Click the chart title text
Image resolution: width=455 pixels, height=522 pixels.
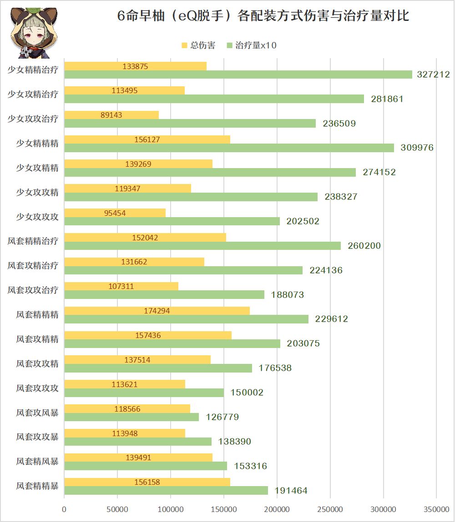[263, 16]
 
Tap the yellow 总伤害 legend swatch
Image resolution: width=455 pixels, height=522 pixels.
[184, 45]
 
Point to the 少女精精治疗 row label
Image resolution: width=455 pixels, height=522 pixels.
[33, 70]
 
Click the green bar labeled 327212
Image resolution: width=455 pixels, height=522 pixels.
[238, 75]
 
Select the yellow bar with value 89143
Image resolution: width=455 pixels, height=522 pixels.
[111, 115]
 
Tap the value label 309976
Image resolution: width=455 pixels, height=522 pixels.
[417, 148]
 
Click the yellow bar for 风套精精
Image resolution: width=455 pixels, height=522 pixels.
[157, 311]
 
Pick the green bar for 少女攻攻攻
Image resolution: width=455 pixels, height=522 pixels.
[172, 221]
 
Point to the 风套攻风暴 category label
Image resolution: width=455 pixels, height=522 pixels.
[37, 413]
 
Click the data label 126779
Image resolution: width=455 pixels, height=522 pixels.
[222, 417]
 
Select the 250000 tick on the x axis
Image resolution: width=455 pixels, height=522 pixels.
[330, 510]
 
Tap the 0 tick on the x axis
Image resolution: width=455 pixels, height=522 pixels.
[64, 510]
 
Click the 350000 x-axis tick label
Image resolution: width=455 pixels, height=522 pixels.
[436, 510]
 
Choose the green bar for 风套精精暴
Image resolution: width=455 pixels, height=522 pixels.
[166, 491]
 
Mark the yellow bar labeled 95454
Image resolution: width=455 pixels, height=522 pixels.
[115, 213]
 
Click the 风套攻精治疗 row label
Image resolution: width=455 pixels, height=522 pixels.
[33, 266]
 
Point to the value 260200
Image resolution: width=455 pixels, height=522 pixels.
[364, 246]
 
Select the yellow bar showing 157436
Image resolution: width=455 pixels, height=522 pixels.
[148, 335]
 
